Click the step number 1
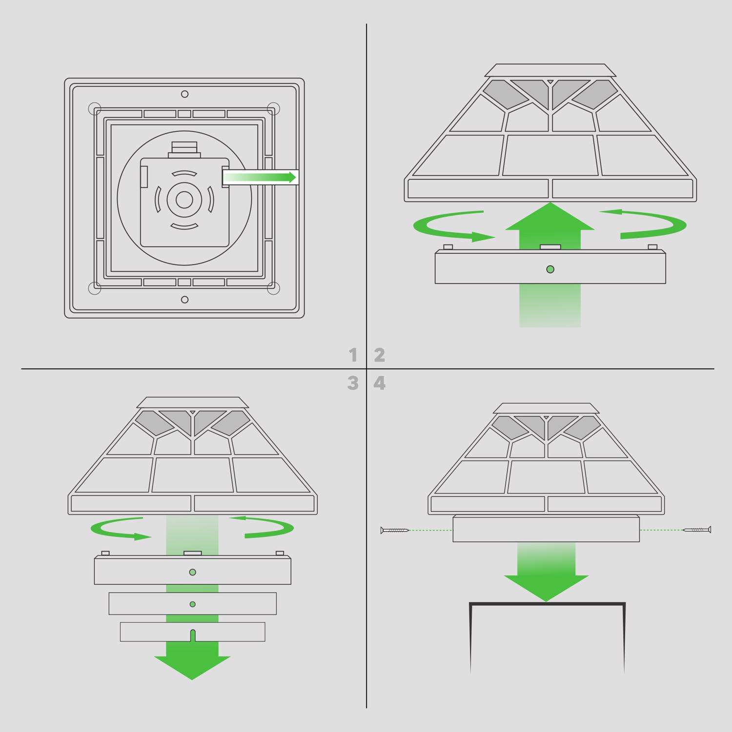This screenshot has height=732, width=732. [353, 355]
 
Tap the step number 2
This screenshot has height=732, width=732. [380, 355]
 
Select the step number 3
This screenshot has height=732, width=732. [353, 383]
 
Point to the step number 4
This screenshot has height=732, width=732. [380, 383]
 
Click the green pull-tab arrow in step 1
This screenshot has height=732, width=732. [261, 177]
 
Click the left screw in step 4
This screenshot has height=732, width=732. [395, 529]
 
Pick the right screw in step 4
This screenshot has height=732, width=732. [697, 529]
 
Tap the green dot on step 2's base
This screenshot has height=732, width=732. [550, 269]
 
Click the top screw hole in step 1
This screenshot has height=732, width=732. [184, 94]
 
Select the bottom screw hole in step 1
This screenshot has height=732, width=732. [184, 299]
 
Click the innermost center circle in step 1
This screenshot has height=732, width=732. [184, 199]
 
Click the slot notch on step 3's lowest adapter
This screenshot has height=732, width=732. [192, 635]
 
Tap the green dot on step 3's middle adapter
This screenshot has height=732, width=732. [193, 604]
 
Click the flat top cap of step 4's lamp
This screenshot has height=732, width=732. [546, 409]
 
